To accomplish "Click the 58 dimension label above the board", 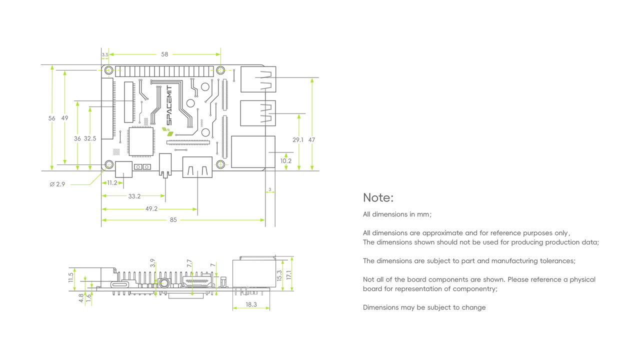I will click(164, 54).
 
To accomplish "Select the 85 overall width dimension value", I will click(172, 219).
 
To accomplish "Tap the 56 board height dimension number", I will click(52, 118).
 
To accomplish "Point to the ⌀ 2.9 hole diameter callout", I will click(57, 184).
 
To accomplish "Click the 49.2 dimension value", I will click(151, 208).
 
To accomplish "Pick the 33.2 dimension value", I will click(134, 196).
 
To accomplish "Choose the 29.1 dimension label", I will click(298, 140).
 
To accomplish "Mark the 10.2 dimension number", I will click(285, 161).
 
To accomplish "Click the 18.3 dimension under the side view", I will click(251, 304).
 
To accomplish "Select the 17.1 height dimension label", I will click(288, 274).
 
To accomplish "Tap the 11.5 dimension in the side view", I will click(71, 277).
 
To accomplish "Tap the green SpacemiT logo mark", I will click(167, 131).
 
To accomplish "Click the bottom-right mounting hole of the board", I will click(221, 164).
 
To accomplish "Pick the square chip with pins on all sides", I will click(140, 141).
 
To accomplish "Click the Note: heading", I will click(378, 197).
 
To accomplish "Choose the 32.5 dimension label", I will click(90, 138).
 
